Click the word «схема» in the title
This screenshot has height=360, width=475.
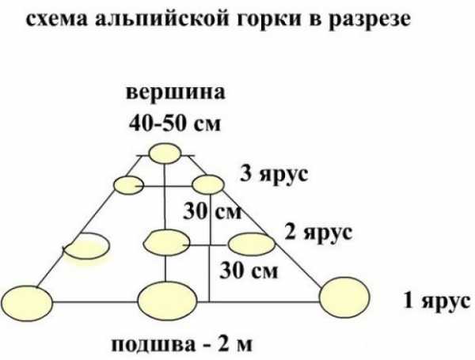[57, 20]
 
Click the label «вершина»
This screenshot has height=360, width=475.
[176, 93]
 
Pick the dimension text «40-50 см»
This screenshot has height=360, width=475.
[175, 123]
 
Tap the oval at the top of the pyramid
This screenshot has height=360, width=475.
[165, 153]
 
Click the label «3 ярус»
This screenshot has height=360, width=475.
[274, 175]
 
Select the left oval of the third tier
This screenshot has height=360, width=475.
[128, 184]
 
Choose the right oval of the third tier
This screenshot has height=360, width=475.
[208, 184]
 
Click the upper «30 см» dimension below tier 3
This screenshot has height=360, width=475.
[212, 211]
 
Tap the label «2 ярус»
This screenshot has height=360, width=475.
[318, 233]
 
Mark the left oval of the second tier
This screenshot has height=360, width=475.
[87, 246]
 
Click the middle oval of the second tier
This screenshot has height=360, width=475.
[166, 243]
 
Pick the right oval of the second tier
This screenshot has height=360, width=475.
[252, 244]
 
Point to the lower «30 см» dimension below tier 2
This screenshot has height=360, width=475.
[249, 271]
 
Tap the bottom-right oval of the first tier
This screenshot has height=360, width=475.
[344, 297]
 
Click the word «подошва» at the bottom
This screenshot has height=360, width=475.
[154, 345]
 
